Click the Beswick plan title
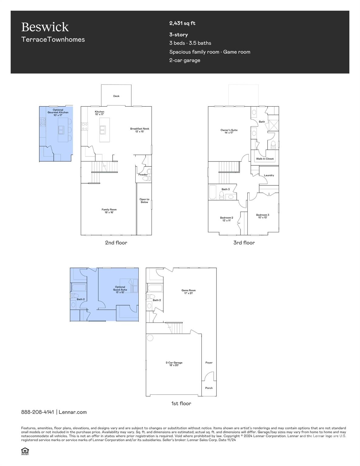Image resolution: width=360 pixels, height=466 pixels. point(45,27)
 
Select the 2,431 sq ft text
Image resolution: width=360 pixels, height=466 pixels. point(182,23)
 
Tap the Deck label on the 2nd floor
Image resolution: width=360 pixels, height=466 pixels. point(116,96)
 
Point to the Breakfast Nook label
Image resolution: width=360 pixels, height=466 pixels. point(140,130)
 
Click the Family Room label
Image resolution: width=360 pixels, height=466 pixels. point(109,211)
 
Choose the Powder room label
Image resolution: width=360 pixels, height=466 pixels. point(143,174)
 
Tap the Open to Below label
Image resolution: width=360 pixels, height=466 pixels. point(144,201)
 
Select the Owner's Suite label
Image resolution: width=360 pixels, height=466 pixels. point(229,131)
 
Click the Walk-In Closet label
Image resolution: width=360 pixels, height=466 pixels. point(265,159)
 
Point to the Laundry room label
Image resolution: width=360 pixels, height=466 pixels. point(269,175)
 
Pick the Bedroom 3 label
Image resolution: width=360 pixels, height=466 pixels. point(263,216)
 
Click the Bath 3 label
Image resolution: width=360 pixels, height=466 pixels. point(226,189)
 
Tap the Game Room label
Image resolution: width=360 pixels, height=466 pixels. point(188,292)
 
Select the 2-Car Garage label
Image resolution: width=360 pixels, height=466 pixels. point(174,364)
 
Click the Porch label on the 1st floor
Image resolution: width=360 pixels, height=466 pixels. point(209,388)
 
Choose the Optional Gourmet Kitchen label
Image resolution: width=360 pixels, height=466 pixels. point(58,112)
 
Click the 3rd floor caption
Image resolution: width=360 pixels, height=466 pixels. point(244,243)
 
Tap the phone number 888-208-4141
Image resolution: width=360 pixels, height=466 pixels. point(38,412)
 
